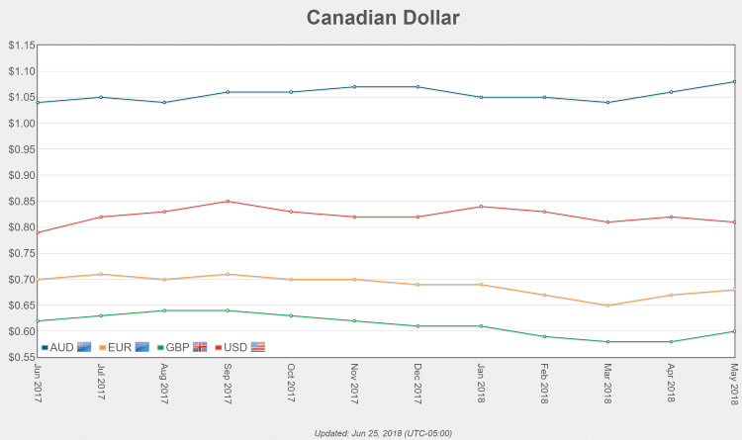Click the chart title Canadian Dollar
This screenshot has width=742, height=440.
(x=382, y=18)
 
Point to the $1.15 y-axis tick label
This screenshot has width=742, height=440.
(x=21, y=45)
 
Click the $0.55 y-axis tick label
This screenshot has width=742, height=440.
(x=21, y=357)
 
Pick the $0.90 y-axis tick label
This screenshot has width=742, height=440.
(x=21, y=175)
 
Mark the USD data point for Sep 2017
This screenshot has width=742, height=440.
(x=228, y=202)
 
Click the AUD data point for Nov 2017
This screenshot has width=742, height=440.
(x=354, y=87)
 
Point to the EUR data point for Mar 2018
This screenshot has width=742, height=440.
(x=607, y=306)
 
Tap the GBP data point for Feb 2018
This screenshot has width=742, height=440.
(x=544, y=336)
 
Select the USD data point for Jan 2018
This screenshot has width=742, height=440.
(x=481, y=207)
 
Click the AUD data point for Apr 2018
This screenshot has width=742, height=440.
(x=671, y=92)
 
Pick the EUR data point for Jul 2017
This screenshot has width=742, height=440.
(x=101, y=274)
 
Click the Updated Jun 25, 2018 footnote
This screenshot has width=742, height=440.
(x=382, y=433)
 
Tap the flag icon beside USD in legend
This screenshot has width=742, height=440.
(x=258, y=347)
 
